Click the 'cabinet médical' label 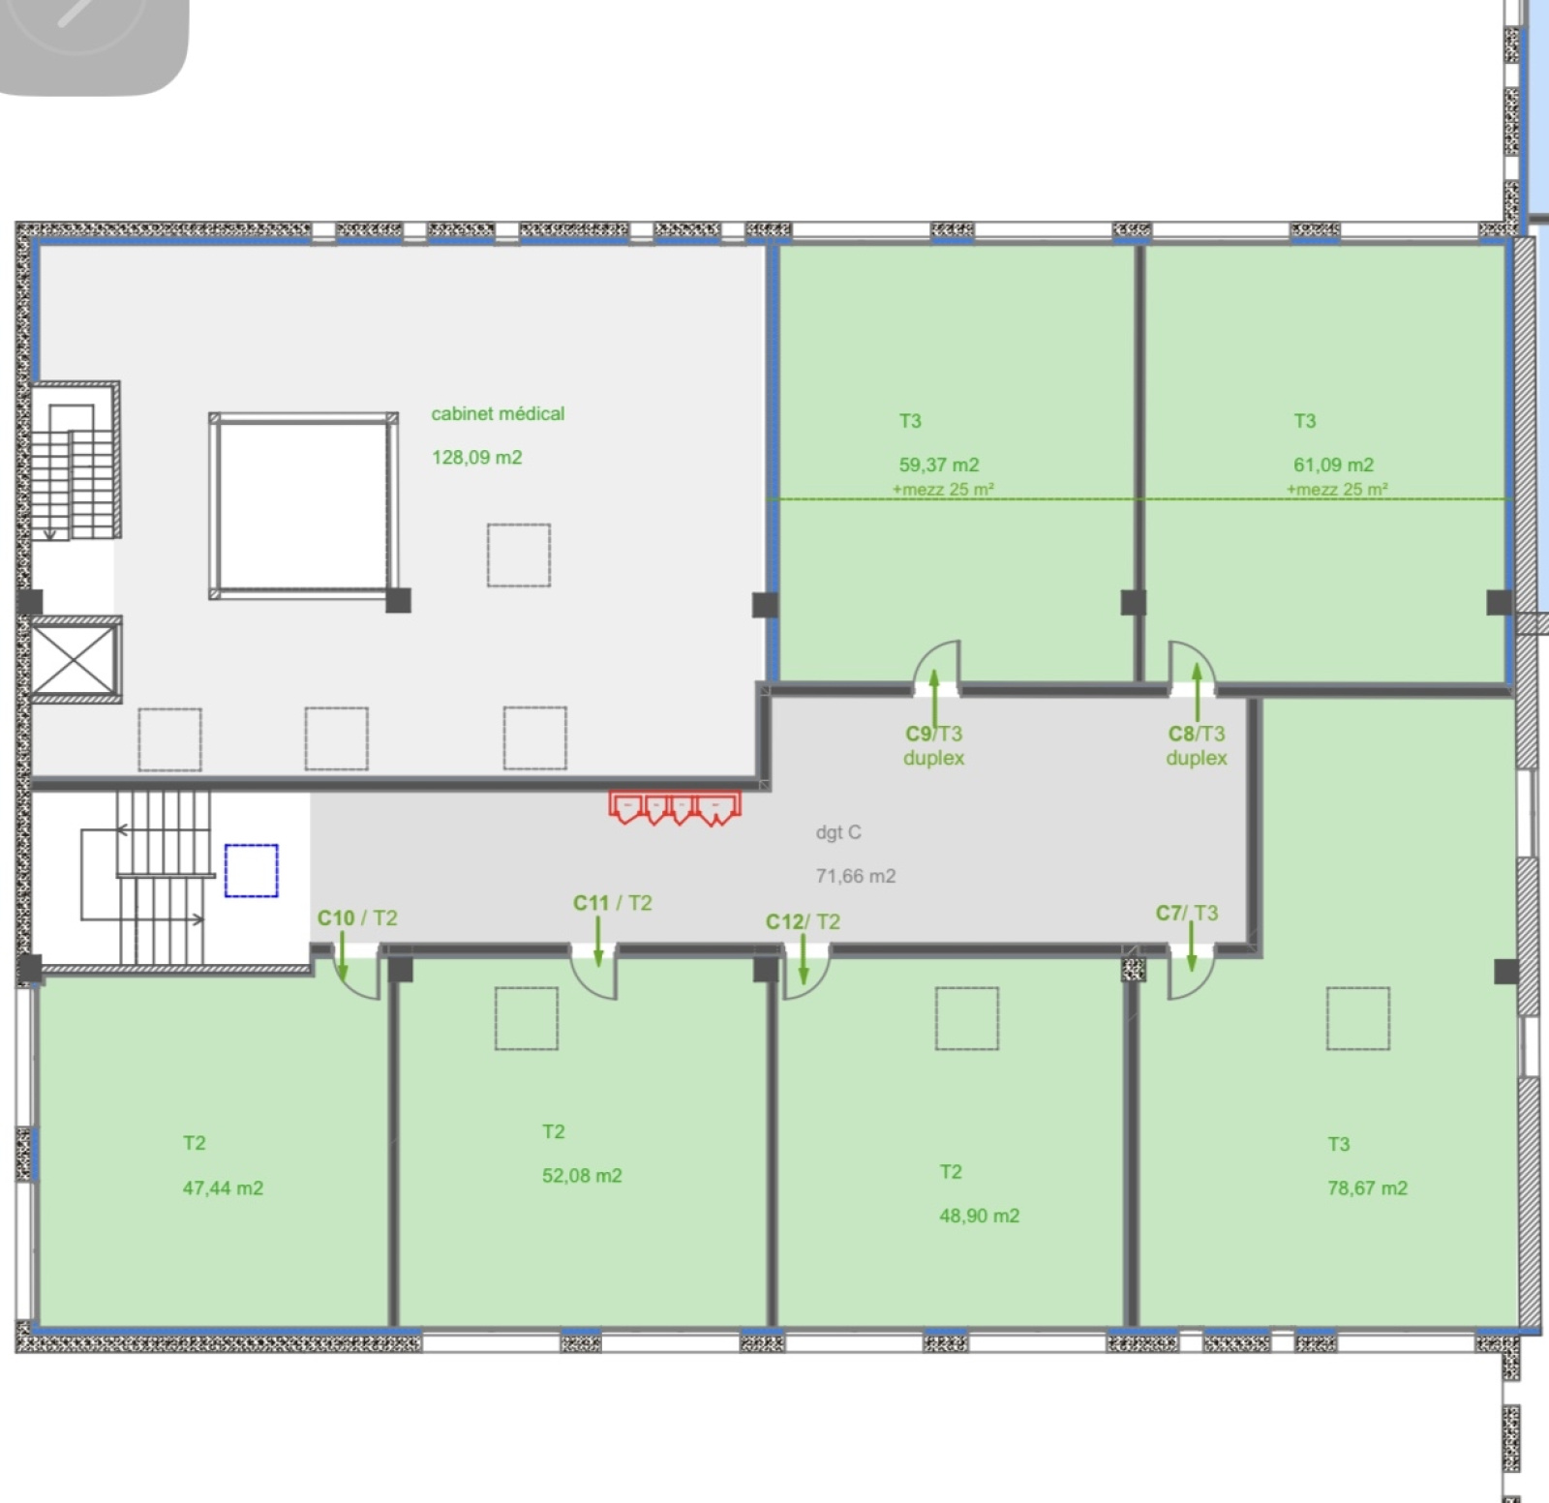coord(498,414)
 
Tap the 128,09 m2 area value coord(477,458)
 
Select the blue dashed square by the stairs coord(252,870)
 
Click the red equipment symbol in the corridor coord(675,807)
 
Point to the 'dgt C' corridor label coord(838,832)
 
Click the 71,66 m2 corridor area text coord(856,876)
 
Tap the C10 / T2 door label coord(357,917)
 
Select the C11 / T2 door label coord(613,903)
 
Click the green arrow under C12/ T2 coord(803,958)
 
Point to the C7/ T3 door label coord(1187,913)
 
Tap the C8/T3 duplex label coord(1197,745)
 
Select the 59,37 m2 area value coord(939,465)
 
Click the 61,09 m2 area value coord(1334,465)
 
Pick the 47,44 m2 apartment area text coord(223,1187)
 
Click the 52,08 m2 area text coord(582,1176)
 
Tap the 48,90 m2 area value coord(979,1216)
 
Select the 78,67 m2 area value coord(1367,1187)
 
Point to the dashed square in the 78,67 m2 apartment coord(1358,1018)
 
